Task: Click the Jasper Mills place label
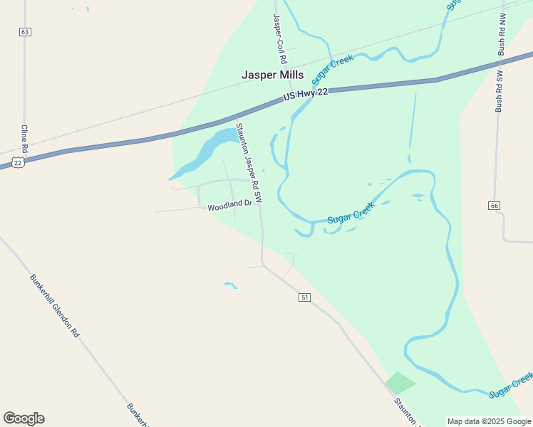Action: pyautogui.click(x=272, y=75)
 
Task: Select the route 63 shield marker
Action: pyautogui.click(x=26, y=32)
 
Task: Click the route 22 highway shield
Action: pyautogui.click(x=18, y=162)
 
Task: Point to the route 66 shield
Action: pyautogui.click(x=494, y=206)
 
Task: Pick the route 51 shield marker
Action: pyautogui.click(x=305, y=297)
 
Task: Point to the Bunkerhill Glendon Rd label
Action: pyautogui.click(x=54, y=305)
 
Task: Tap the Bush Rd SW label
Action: pyautogui.click(x=500, y=90)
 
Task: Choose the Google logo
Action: pyautogui.click(x=24, y=418)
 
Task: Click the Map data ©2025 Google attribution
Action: pyautogui.click(x=489, y=421)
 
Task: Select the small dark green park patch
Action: pyautogui.click(x=400, y=382)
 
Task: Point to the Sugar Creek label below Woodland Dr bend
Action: pyautogui.click(x=351, y=213)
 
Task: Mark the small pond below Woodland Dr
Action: pyautogui.click(x=230, y=285)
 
